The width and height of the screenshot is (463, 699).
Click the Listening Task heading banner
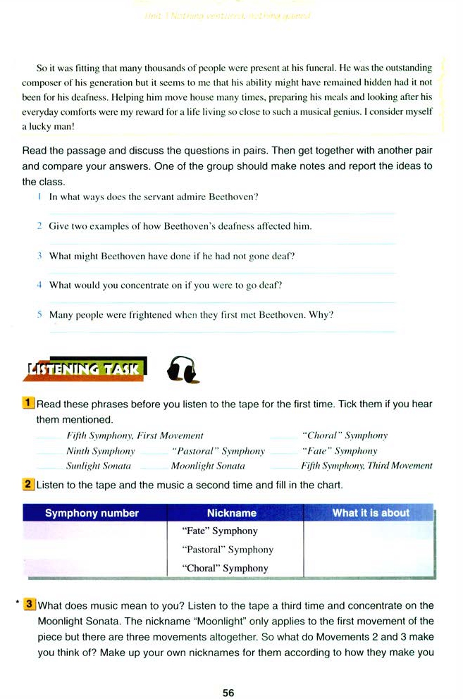[85, 368]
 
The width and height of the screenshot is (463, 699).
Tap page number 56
[228, 693]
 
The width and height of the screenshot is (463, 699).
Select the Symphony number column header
[92, 513]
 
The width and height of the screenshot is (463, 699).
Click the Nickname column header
[232, 513]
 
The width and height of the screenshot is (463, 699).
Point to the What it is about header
[371, 513]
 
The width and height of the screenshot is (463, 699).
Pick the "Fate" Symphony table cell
[220, 531]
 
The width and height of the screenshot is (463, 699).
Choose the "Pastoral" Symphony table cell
[228, 550]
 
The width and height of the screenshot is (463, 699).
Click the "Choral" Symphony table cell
[225, 568]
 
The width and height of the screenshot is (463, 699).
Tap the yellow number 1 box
[29, 404]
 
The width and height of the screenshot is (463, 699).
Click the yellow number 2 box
[29, 485]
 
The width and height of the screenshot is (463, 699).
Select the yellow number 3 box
[30, 604]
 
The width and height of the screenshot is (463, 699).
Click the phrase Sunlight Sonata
[99, 466]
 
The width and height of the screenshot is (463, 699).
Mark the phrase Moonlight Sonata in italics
[208, 466]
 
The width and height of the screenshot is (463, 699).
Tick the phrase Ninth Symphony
[100, 451]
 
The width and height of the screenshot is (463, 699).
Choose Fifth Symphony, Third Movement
[366, 466]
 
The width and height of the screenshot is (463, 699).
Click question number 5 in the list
[41, 315]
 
